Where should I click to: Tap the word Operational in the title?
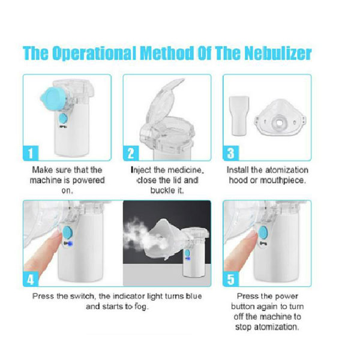pos(94,53)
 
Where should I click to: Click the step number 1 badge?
pos(31,153)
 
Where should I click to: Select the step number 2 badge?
pos(131,153)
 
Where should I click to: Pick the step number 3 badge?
pos(231,153)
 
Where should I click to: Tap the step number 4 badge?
pos(31,279)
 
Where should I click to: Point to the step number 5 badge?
pos(231,279)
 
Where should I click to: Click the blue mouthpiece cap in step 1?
pos(53,100)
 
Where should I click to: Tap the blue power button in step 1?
pos(63,118)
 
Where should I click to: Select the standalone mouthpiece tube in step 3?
pos(239,116)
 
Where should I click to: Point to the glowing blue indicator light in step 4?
pos(70,244)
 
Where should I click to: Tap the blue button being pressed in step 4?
pos(67,232)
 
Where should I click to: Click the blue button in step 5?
pos(263,232)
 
